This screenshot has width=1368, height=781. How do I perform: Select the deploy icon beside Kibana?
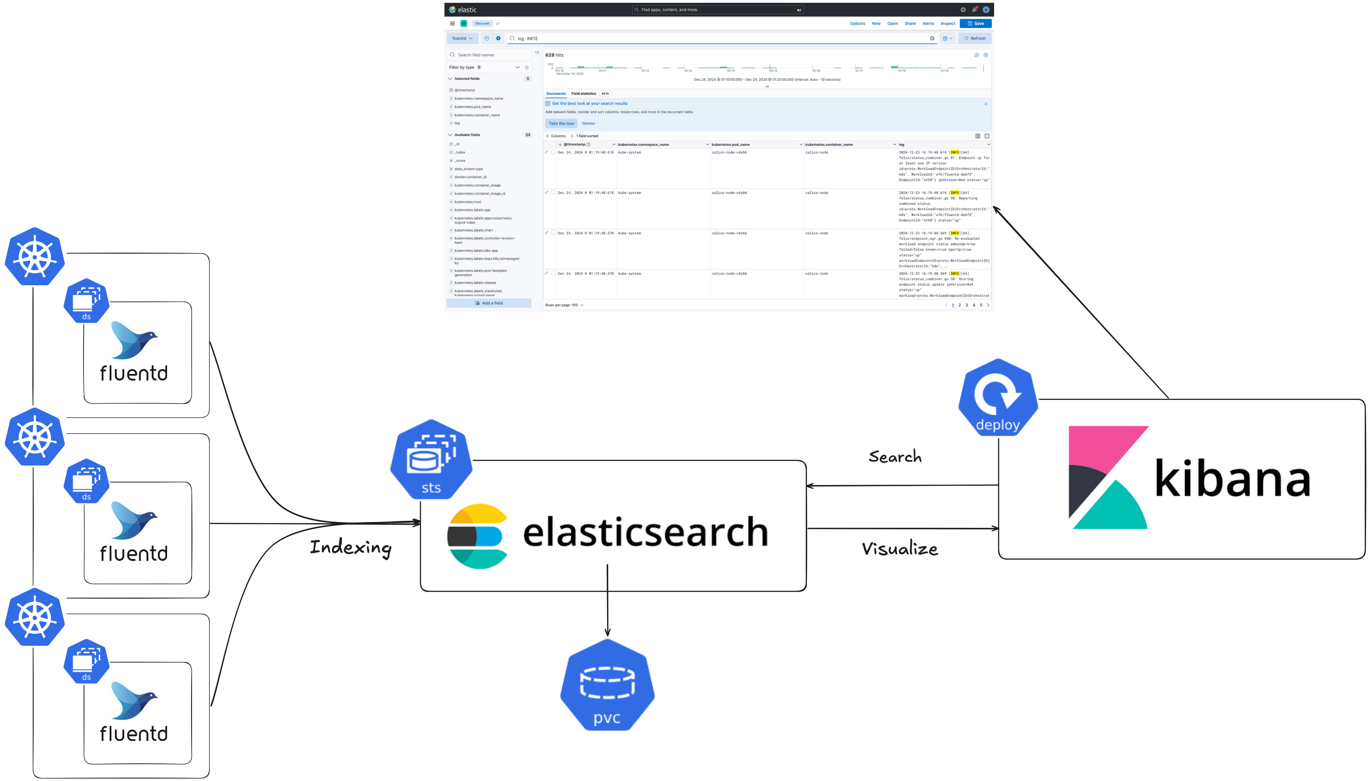(x=997, y=397)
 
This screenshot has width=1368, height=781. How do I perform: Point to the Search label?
(x=895, y=456)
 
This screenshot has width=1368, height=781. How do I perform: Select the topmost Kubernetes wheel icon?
(x=35, y=257)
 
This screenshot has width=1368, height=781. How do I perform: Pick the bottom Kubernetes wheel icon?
(x=35, y=617)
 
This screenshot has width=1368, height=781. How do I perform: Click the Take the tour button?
(x=561, y=123)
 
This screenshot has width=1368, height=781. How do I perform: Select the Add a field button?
(x=489, y=303)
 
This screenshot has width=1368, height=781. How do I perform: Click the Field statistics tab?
(x=583, y=93)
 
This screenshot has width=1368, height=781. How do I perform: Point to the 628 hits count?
(x=554, y=55)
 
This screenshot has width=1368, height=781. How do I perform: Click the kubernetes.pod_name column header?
(x=730, y=144)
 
